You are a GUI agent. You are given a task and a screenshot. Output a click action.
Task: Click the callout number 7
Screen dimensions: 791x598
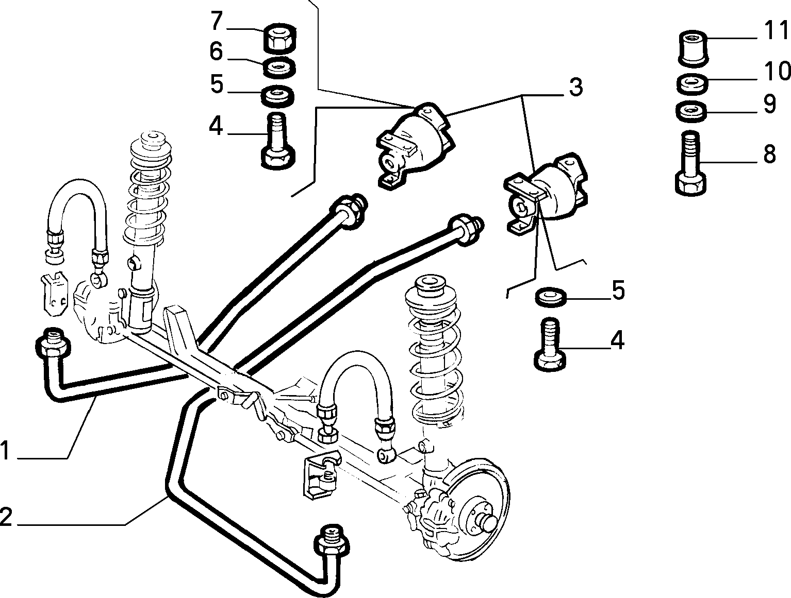click(x=216, y=21)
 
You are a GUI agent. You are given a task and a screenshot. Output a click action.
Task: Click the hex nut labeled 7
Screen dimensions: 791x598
click(x=281, y=39)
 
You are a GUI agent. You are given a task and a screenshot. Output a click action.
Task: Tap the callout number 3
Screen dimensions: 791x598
click(x=575, y=88)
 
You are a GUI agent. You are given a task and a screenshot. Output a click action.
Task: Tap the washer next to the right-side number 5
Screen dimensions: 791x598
click(x=550, y=297)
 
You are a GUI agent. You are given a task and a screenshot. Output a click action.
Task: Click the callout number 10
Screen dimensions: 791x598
click(x=777, y=71)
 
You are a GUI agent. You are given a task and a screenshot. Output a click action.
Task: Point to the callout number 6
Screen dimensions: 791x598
click(x=216, y=52)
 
